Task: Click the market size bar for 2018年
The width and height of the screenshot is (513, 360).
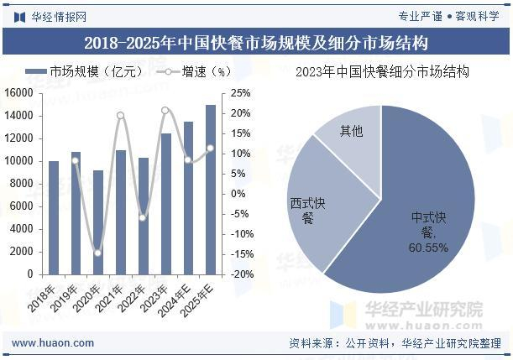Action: (x=54, y=217)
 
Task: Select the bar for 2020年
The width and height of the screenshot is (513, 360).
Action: (x=98, y=222)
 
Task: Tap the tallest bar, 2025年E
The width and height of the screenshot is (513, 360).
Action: (x=211, y=190)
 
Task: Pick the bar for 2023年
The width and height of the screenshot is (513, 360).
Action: (x=166, y=204)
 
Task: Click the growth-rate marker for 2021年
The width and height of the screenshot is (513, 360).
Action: (x=121, y=115)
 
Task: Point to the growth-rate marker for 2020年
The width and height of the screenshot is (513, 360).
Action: (x=98, y=253)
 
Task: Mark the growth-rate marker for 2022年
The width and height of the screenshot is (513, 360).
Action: (x=144, y=217)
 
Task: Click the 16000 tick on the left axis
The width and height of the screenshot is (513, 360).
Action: (x=18, y=93)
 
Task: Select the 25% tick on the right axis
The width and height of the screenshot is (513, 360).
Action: (x=241, y=93)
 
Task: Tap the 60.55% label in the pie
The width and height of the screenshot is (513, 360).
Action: (x=428, y=248)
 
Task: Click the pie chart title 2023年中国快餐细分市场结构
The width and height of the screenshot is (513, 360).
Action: (x=382, y=73)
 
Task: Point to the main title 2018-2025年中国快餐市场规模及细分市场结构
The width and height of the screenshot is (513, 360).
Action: (x=256, y=43)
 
